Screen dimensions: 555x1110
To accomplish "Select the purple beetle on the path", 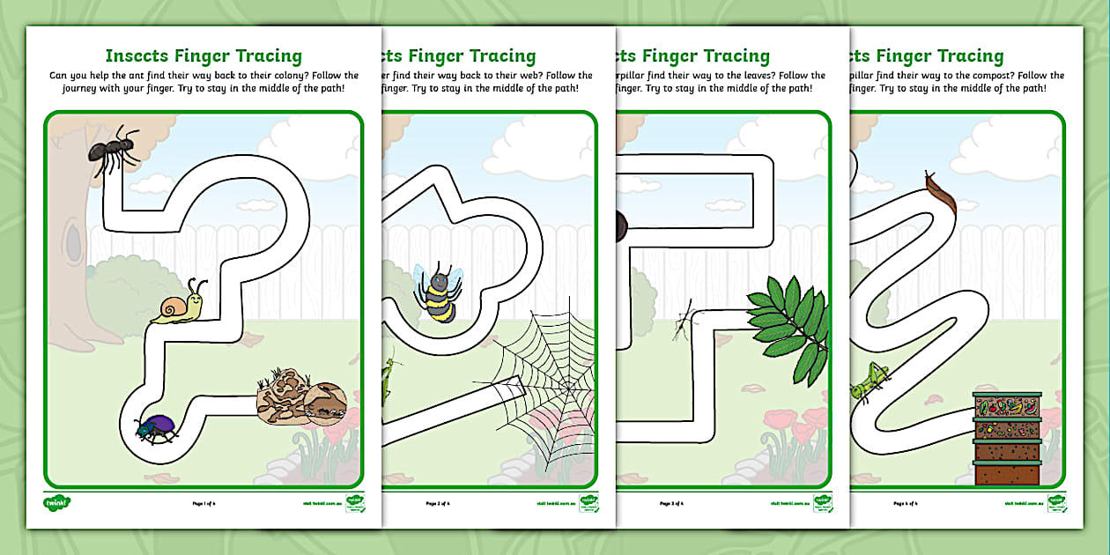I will tap(157, 428).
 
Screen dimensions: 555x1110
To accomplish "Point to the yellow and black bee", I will tap(437, 292).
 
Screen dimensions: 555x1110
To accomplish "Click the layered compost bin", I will tap(1006, 439).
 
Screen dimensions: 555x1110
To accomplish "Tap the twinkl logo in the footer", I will tap(57, 503).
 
